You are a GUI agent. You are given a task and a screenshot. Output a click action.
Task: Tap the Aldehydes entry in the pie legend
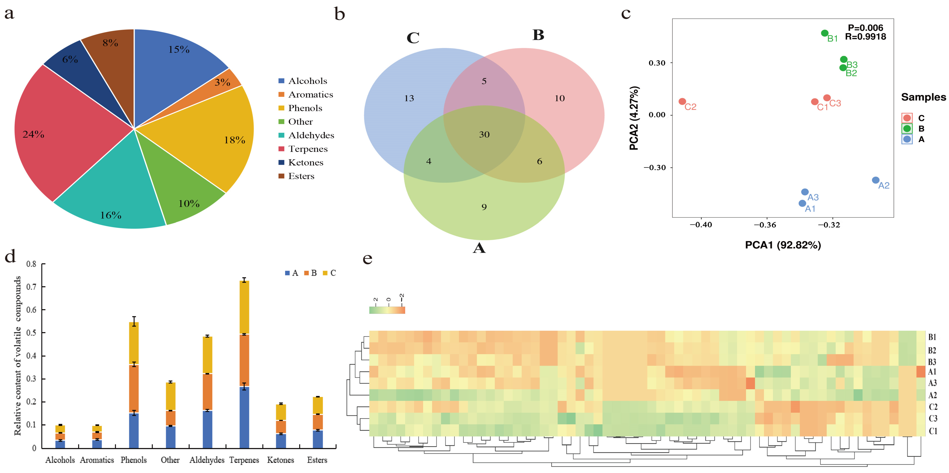pos(311,135)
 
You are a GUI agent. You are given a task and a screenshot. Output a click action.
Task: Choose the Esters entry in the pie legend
pos(301,176)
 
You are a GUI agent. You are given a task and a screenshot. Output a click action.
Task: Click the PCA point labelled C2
pos(682,101)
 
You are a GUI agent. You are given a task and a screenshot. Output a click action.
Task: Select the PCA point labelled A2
pos(876,180)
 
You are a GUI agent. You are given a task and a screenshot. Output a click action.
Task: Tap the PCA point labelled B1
pos(825,33)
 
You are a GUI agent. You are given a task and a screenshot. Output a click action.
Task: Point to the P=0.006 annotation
pos(865,28)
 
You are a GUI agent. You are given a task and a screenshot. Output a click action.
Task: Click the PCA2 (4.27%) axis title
pos(634,118)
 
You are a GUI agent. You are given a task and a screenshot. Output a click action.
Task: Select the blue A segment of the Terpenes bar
pos(244,417)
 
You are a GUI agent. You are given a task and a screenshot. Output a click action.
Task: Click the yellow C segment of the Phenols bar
pos(134,343)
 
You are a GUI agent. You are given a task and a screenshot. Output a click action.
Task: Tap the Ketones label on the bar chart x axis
pos(280,460)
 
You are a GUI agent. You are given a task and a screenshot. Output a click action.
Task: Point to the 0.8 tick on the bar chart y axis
pos(31,264)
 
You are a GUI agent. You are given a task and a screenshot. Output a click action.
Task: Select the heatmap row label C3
pos(932,418)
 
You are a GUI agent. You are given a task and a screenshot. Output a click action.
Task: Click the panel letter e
pos(367,259)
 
